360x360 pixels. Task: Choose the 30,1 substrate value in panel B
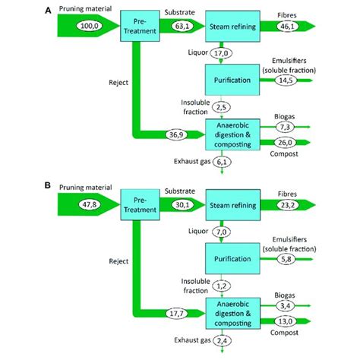[182, 204]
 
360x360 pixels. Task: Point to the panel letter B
[49, 184]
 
